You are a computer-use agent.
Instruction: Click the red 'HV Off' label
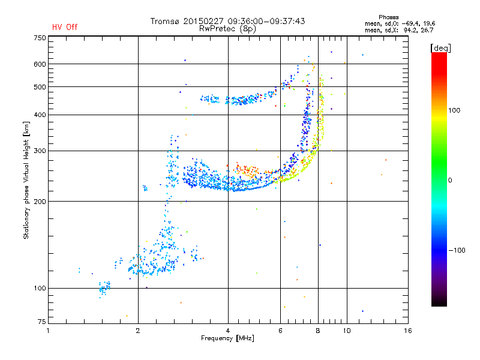65,27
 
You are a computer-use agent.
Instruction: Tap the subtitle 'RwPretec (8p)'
227,29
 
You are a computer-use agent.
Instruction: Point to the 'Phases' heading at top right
388,17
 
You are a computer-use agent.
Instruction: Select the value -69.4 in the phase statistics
410,23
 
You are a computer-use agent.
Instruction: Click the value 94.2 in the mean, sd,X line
410,30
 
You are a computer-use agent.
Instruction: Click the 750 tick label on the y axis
40,38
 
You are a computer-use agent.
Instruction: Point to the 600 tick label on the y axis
40,64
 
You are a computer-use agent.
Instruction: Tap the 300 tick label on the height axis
40,151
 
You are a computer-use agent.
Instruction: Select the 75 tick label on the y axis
42,322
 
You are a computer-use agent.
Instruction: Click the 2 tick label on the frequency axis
138,331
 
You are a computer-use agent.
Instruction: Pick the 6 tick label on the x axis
280,331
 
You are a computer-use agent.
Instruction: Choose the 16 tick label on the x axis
408,331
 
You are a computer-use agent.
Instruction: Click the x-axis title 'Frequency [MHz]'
227,338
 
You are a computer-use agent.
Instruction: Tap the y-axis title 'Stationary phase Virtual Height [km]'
26,180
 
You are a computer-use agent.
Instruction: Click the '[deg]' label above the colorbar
440,48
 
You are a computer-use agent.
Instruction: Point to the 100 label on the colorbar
454,110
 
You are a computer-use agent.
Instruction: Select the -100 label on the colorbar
457,250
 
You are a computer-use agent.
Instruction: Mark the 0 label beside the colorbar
450,180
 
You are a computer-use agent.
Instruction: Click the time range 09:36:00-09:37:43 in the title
266,21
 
